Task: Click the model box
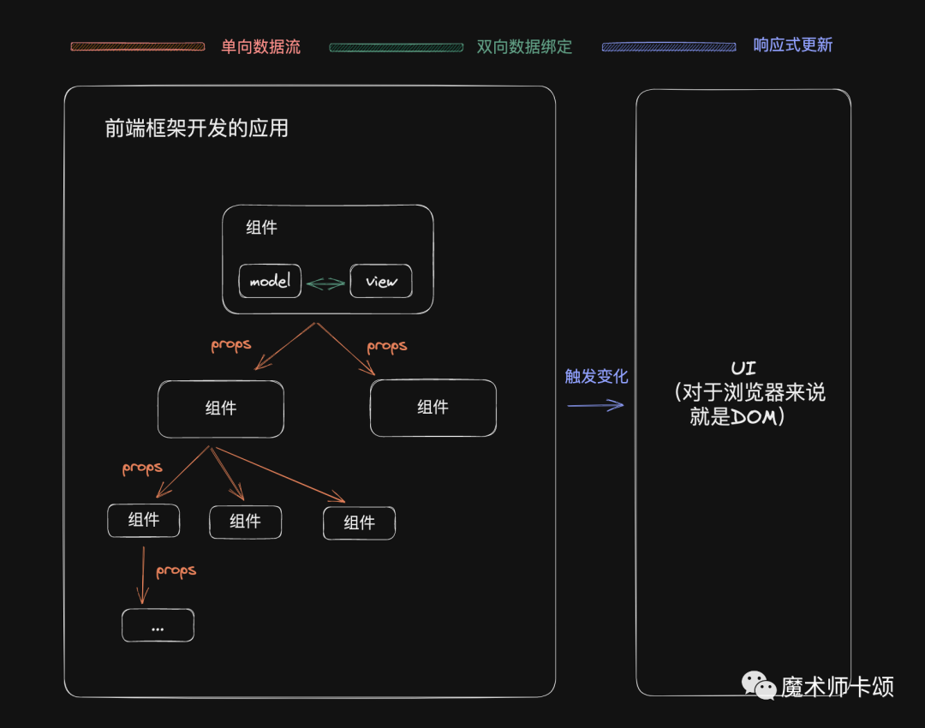(270, 281)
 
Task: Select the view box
(381, 281)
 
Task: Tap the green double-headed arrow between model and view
(325, 283)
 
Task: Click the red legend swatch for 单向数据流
(138, 46)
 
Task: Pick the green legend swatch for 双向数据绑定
(397, 47)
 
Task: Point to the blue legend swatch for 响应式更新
(669, 47)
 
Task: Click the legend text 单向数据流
(260, 47)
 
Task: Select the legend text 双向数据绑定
(524, 47)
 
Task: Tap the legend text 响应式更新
(792, 45)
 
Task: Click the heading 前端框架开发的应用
(196, 128)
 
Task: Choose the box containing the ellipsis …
(158, 626)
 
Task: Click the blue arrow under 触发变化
(595, 405)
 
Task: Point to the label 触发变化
(596, 377)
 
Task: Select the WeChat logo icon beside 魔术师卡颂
(758, 684)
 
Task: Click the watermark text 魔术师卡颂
(837, 686)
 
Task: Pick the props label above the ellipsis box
(176, 570)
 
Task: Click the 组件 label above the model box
(261, 228)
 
